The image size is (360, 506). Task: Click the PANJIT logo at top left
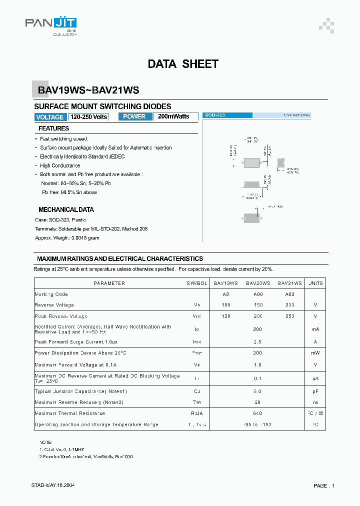click(50, 24)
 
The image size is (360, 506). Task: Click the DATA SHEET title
click(183, 64)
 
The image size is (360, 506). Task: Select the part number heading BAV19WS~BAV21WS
click(88, 90)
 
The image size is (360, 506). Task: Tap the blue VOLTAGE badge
click(50, 117)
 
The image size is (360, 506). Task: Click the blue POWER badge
click(134, 116)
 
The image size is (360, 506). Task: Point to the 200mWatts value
click(173, 116)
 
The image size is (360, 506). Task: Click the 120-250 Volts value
click(88, 117)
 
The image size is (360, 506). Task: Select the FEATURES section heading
click(53, 128)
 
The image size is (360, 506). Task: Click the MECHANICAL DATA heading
click(66, 210)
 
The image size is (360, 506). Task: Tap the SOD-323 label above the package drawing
click(215, 115)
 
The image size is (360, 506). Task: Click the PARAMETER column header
click(109, 283)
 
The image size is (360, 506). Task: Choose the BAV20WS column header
click(257, 283)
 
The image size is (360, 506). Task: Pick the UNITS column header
click(315, 283)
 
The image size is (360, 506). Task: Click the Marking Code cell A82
click(289, 294)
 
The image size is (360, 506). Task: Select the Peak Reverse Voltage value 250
click(289, 316)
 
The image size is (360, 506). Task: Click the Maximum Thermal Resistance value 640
click(257, 413)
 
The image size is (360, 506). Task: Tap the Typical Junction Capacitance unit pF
click(315, 391)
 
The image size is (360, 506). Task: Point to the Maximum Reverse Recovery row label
click(79, 402)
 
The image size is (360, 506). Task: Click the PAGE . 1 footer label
click(324, 485)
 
